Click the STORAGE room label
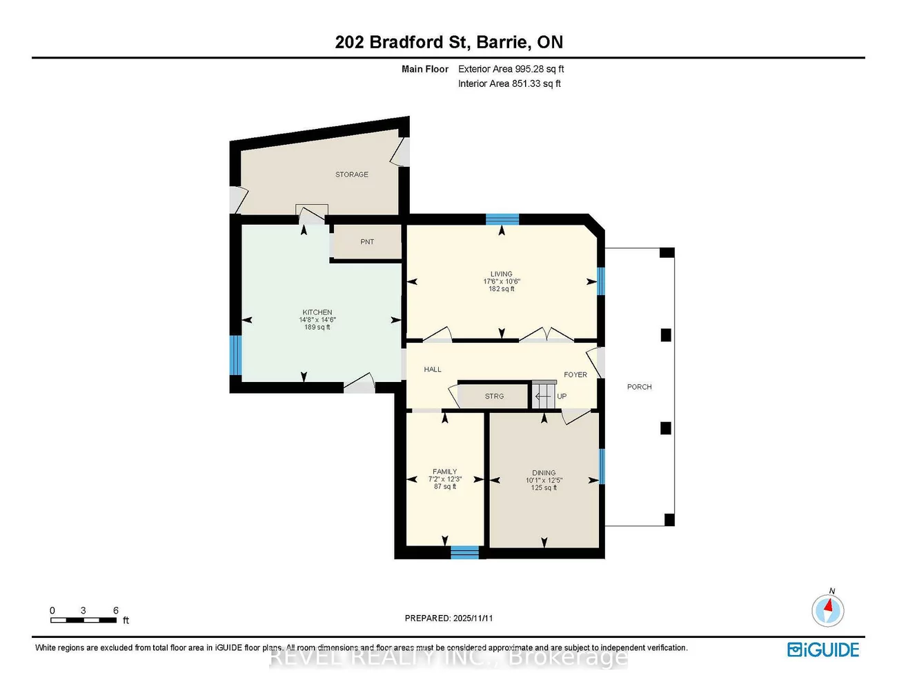(352, 174)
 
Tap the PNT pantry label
(367, 242)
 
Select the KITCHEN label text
(317, 312)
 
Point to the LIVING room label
(502, 274)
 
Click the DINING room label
(544, 473)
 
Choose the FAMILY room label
(445, 472)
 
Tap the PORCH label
(639, 387)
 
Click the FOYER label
(575, 375)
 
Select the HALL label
(433, 370)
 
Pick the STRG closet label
(494, 396)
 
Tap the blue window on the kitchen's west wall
(235, 355)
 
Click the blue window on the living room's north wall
(502, 219)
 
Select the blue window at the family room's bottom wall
(464, 552)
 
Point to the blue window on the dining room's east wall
(601, 466)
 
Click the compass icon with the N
(827, 610)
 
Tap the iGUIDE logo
(823, 650)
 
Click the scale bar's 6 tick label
(116, 610)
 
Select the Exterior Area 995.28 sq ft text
(511, 69)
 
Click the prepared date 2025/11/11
(473, 619)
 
